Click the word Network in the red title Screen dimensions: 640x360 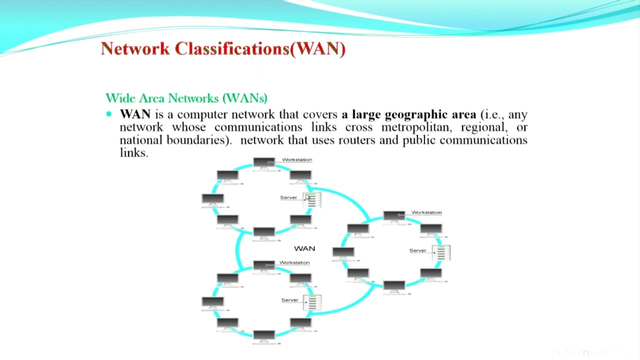tap(135, 48)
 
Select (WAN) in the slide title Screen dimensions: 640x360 tap(317, 49)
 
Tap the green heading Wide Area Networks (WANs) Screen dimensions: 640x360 tap(186, 98)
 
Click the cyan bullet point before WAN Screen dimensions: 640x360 tap(109, 114)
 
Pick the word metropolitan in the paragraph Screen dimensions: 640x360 tap(417, 127)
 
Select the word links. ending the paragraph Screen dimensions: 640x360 tap(134, 153)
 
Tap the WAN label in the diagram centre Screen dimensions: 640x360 tap(304, 248)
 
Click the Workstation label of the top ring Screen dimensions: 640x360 tap(297, 159)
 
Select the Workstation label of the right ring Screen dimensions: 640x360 tap(426, 212)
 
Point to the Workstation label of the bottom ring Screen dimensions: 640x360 tap(294, 262)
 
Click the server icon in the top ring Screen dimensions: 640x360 tap(312, 199)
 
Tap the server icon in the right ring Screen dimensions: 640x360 tap(441, 253)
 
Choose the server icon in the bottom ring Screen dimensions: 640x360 tap(312, 302)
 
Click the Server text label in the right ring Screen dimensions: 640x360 tap(417, 250)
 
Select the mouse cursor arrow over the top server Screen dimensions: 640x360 tap(307, 197)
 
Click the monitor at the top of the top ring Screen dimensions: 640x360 tap(264, 164)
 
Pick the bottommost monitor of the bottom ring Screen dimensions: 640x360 tap(264, 337)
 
